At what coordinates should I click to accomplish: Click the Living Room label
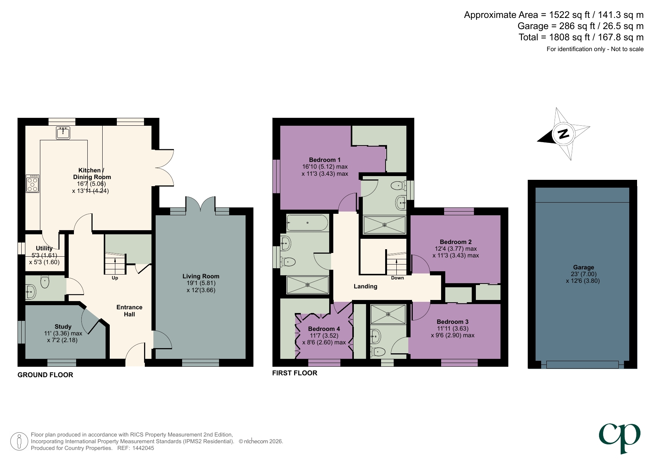click(201, 276)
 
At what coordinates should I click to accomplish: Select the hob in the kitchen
click(32, 184)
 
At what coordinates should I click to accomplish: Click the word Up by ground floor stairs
click(115, 278)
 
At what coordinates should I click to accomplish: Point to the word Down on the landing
click(397, 278)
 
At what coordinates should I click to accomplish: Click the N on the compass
click(563, 134)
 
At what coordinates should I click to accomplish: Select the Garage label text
click(583, 268)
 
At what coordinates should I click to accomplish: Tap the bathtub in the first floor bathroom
click(307, 223)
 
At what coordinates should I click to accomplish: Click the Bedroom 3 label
click(452, 322)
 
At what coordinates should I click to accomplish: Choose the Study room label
click(63, 327)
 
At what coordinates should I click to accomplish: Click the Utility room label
click(44, 248)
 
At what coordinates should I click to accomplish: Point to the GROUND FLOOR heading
click(45, 375)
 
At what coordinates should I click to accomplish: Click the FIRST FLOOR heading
click(294, 373)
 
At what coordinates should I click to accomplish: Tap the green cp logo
click(620, 437)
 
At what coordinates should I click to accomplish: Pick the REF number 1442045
click(143, 448)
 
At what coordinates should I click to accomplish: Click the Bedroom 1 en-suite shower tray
click(384, 225)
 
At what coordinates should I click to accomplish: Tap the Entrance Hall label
click(129, 311)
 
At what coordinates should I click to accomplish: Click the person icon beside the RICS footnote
click(19, 441)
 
